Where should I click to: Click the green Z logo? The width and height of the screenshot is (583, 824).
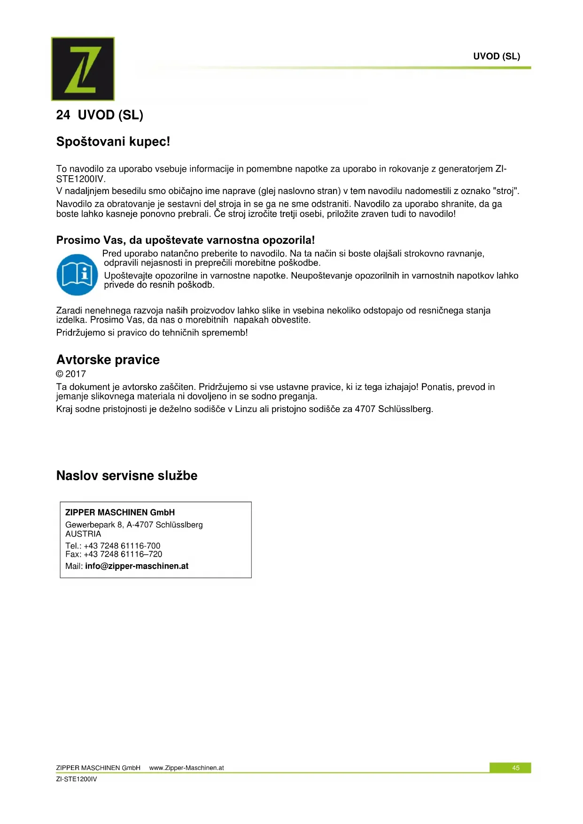tap(83, 69)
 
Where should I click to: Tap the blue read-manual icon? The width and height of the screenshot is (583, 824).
tap(77, 274)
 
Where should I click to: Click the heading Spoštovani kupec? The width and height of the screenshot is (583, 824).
tap(113, 141)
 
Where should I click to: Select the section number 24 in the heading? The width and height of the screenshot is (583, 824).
tap(63, 115)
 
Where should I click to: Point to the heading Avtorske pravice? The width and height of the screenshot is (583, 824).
tap(108, 360)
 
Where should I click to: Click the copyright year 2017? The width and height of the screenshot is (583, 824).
tap(75, 374)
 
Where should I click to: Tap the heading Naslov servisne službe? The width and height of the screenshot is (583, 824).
tap(126, 475)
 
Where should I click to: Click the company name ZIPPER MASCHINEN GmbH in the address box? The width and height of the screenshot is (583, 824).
tap(120, 513)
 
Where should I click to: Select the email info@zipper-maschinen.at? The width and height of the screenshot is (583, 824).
tap(137, 566)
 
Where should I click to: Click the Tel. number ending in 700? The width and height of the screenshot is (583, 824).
tap(122, 546)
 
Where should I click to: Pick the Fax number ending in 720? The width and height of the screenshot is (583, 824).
tap(123, 554)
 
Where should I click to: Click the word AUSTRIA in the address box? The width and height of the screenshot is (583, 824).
tap(83, 534)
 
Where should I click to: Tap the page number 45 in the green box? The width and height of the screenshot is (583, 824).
tap(515, 768)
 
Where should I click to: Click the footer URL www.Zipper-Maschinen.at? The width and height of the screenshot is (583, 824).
tap(187, 768)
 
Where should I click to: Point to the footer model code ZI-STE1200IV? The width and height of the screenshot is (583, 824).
tap(77, 779)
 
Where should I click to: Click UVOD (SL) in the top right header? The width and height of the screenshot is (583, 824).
tap(497, 56)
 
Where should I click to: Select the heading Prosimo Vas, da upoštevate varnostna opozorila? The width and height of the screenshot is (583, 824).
tap(185, 240)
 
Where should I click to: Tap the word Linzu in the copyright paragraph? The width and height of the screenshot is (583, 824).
tap(246, 409)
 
